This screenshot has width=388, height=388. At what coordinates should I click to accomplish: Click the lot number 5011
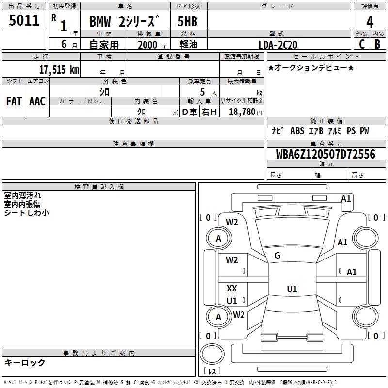[x=24, y=20]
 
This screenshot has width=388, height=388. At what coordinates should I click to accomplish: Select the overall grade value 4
[x=370, y=22]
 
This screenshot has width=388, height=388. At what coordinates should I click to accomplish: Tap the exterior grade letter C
[x=362, y=44]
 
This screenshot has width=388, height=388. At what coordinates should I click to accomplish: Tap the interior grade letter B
[x=377, y=44]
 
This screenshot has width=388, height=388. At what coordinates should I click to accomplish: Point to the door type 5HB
[x=188, y=21]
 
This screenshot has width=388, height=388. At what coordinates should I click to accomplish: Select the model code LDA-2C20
[x=278, y=45]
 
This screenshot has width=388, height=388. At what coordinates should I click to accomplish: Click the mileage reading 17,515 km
[x=59, y=69]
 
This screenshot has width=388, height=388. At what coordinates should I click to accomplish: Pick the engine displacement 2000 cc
[x=152, y=45]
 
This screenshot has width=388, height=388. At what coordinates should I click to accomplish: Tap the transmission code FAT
[x=14, y=101]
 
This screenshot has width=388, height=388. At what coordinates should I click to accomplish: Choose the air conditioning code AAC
[x=37, y=101]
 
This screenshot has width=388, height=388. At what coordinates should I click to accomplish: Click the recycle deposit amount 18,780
[x=242, y=112]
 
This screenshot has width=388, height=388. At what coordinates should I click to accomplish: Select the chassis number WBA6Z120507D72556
[x=325, y=154]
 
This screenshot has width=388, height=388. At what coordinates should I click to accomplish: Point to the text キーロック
[x=25, y=362]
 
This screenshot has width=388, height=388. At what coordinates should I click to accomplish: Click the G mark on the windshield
[x=277, y=256]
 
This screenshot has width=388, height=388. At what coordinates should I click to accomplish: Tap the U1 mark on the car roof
[x=292, y=289]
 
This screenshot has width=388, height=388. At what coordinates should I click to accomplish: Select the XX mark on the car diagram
[x=232, y=288]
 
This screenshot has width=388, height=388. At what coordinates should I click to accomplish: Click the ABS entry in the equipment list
[x=297, y=130]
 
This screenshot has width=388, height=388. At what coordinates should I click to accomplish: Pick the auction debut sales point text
[x=311, y=67]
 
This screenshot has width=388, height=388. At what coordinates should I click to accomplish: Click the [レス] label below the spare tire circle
[x=212, y=371]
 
